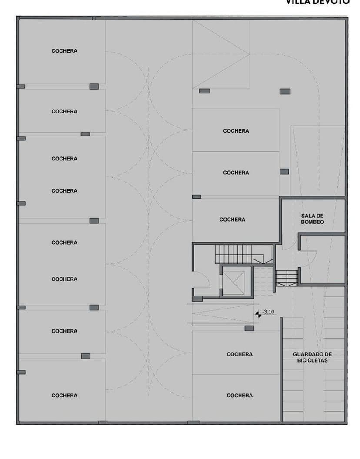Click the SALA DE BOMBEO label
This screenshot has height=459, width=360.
tap(312, 219)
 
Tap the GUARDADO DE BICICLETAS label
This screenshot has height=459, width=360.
tap(312, 357)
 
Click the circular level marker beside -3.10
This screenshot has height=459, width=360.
tap(258, 313)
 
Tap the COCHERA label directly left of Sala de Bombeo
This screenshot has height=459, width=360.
tap(232, 220)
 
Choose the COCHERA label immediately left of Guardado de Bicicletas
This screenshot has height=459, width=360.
tap(239, 354)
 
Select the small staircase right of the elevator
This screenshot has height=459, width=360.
tap(287, 278)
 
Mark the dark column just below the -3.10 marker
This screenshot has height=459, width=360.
tap(249, 328)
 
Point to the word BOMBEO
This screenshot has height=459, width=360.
tap(312, 222)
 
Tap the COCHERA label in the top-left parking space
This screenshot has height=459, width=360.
tap(64, 51)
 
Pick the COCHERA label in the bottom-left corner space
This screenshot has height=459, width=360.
tap(64, 395)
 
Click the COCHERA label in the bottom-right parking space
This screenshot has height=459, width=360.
tap(239, 395)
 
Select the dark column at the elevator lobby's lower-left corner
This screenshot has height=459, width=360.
tap(197, 299)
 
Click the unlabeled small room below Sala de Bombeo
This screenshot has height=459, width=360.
tap(322, 259)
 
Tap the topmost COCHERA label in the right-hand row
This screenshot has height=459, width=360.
tap(236, 131)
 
